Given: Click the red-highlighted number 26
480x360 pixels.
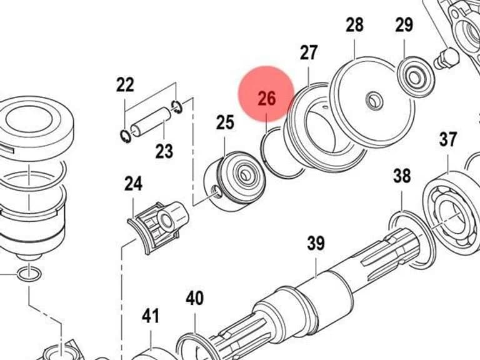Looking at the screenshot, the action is coord(267,98).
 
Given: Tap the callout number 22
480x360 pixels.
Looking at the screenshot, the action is coord(125,84).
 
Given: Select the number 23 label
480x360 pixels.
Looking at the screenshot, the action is coord(164,151).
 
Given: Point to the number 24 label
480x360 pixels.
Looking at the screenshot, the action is coord(133,184).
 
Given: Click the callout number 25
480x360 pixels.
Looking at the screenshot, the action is coord(225,122).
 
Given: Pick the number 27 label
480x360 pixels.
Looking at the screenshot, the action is coord(309,52).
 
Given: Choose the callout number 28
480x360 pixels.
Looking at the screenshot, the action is coord(355,25).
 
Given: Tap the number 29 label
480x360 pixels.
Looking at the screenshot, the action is coord(404,25).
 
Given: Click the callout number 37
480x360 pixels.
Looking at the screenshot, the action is coord(448,139).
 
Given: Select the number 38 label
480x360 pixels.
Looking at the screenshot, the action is coord(402,176).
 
